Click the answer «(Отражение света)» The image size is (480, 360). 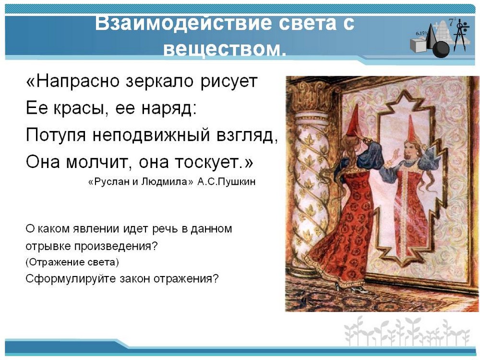72,263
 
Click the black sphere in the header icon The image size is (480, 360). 441,49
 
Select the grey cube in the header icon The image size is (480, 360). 419,45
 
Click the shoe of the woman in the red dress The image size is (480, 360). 357,288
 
